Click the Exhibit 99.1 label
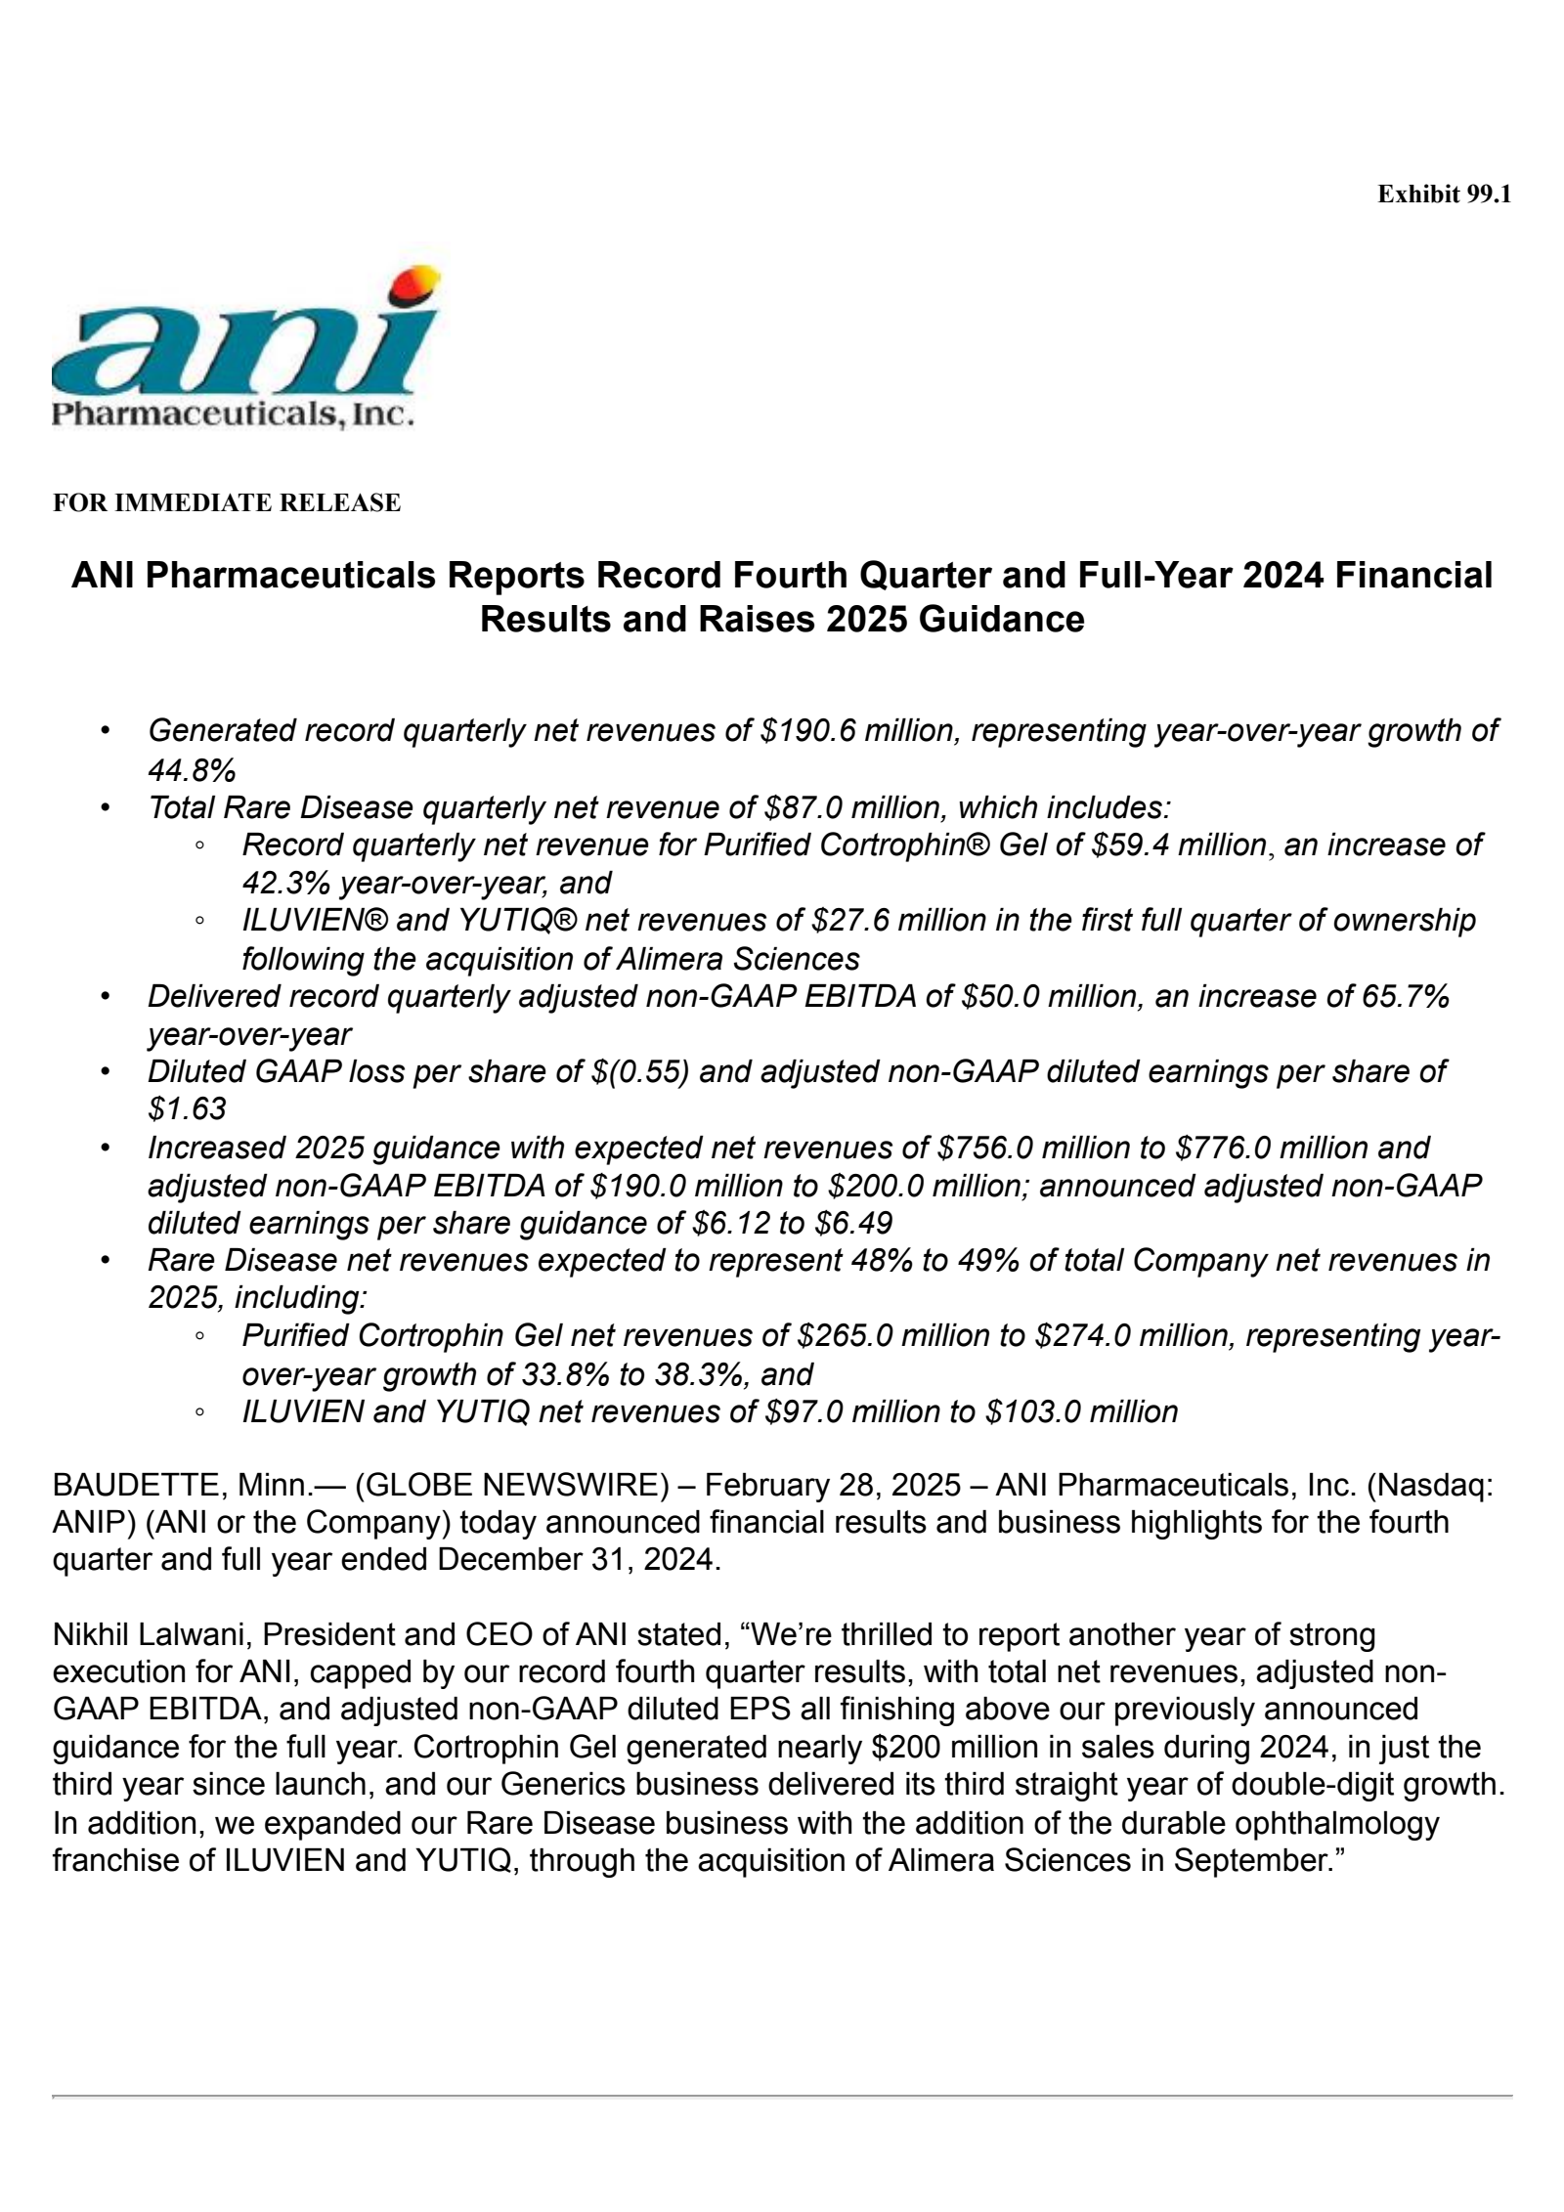(1443, 195)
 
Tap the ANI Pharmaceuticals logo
(244, 352)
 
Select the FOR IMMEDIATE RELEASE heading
(227, 502)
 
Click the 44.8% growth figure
(192, 770)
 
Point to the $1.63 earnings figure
(187, 1108)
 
